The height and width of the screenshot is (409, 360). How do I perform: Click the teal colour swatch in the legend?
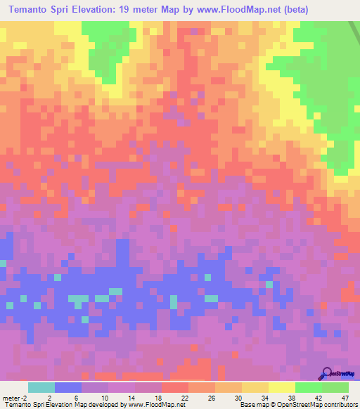(x=41, y=387)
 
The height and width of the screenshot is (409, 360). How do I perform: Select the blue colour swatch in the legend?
(x=68, y=387)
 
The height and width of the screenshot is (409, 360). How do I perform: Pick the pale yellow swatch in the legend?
(x=282, y=387)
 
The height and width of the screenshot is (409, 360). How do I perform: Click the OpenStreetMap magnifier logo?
(x=327, y=375)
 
